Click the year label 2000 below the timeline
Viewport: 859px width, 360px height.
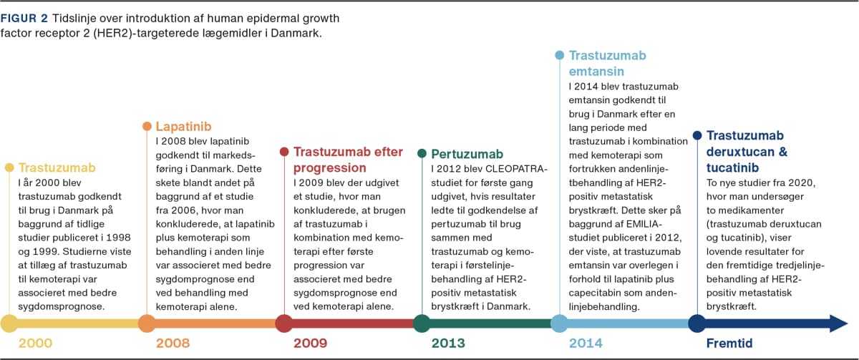tap(35, 344)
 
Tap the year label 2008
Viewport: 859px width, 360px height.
tap(173, 344)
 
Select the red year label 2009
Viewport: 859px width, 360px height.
tap(311, 344)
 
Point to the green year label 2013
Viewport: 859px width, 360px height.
tap(448, 344)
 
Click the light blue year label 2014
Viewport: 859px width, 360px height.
tap(586, 344)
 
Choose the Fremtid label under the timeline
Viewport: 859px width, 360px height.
tap(729, 344)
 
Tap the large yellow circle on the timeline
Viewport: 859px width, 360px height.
tap(9, 323)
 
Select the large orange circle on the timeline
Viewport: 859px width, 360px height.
tap(147, 323)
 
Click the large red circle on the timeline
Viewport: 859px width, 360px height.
tap(284, 323)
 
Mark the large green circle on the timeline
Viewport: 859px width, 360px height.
tap(422, 323)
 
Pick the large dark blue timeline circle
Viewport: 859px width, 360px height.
tap(697, 323)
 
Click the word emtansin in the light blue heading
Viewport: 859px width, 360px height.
tap(597, 71)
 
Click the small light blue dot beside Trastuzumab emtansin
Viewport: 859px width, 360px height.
tap(560, 55)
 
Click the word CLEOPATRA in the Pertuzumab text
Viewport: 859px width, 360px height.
tap(516, 169)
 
